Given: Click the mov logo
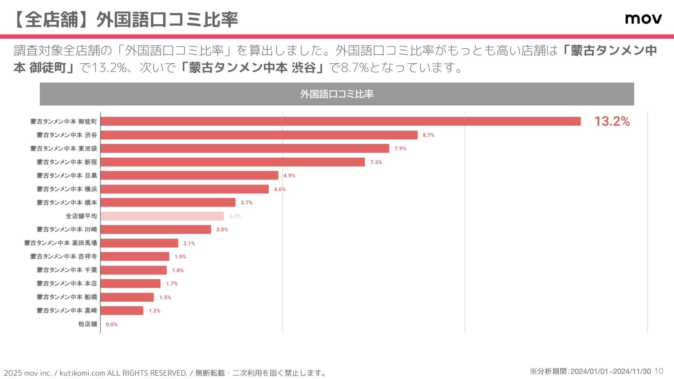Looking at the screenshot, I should [x=643, y=19].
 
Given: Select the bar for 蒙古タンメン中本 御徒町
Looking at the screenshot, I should [x=340, y=122].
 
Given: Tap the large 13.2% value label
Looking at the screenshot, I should [x=612, y=122].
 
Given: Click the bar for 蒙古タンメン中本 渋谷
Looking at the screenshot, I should [x=259, y=135].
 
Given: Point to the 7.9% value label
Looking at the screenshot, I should [x=400, y=149].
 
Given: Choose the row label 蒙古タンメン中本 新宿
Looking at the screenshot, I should [x=67, y=162].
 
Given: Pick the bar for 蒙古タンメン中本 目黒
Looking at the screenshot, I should [x=189, y=175].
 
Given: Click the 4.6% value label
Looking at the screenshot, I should [x=280, y=189].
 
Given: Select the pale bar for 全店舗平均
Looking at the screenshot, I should [x=162, y=216].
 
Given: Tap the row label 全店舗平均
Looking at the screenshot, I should [x=81, y=216].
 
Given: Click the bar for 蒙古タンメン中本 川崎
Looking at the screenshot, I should [x=156, y=230].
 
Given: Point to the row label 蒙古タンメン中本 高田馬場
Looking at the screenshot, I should [x=61, y=243].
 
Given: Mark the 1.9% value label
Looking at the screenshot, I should [x=180, y=257].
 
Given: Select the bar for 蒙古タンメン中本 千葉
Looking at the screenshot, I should [x=133, y=270].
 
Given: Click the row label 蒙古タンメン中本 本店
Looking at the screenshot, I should [x=67, y=284].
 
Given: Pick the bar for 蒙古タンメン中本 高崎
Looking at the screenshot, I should [x=122, y=311].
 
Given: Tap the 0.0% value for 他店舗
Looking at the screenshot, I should [x=112, y=324].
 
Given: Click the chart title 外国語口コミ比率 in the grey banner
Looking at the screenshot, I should [x=337, y=94].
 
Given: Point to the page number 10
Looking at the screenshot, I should [x=659, y=371].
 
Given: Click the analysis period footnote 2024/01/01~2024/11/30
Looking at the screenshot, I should [x=590, y=371].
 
